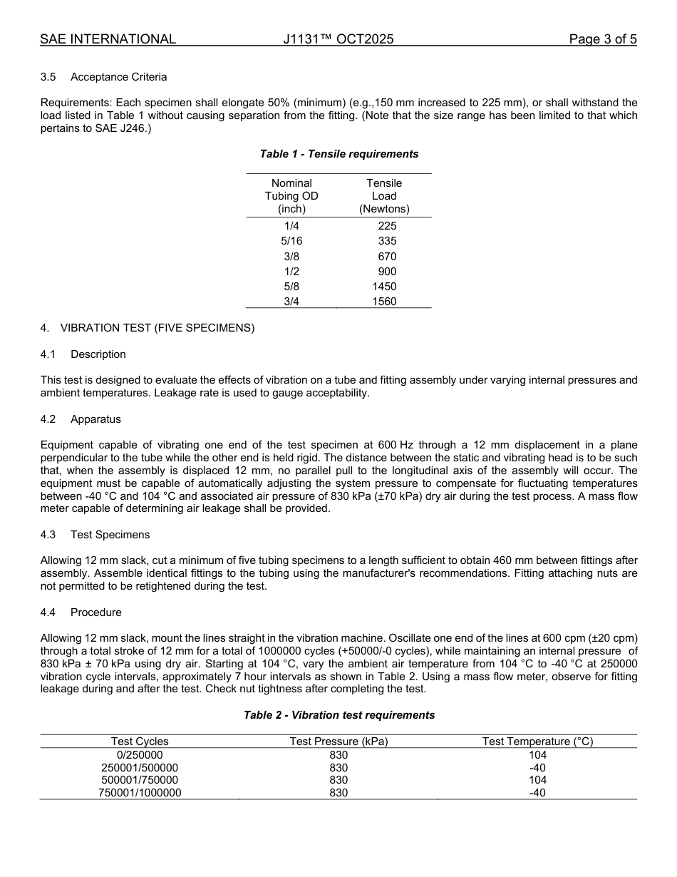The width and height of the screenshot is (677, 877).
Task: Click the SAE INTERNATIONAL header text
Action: (108, 39)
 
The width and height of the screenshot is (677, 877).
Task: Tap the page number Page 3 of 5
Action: (602, 39)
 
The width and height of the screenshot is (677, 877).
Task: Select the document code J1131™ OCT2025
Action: (338, 39)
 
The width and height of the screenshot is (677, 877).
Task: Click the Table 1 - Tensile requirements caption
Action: (338, 154)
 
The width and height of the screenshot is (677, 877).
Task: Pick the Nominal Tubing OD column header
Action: (291, 196)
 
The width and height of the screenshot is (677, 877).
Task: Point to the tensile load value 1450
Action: (384, 287)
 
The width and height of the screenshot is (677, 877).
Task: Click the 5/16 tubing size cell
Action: (291, 241)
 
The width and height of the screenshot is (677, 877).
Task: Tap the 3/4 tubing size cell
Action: (291, 302)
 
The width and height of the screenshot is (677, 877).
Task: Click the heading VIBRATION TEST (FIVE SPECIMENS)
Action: (157, 328)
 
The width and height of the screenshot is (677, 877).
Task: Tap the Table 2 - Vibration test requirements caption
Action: (338, 715)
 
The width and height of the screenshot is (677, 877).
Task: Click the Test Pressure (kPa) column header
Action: (338, 742)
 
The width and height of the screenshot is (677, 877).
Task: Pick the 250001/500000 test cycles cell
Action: (140, 768)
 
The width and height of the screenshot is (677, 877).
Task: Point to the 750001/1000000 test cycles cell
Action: (140, 793)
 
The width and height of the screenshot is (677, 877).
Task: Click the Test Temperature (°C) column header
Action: (537, 742)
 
